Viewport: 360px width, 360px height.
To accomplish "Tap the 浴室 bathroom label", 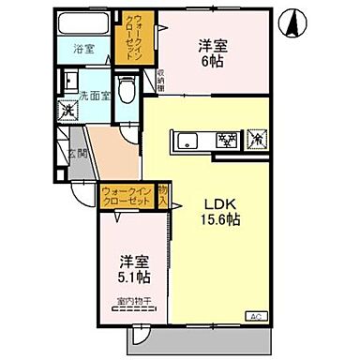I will click(85, 51).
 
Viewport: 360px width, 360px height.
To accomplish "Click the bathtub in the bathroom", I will click(84, 25).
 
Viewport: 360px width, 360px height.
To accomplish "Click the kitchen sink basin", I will click(187, 142).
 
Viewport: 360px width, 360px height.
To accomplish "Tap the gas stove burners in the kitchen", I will click(226, 142).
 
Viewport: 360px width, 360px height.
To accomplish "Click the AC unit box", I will click(254, 315).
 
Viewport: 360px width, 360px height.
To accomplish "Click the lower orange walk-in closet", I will click(127, 200).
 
